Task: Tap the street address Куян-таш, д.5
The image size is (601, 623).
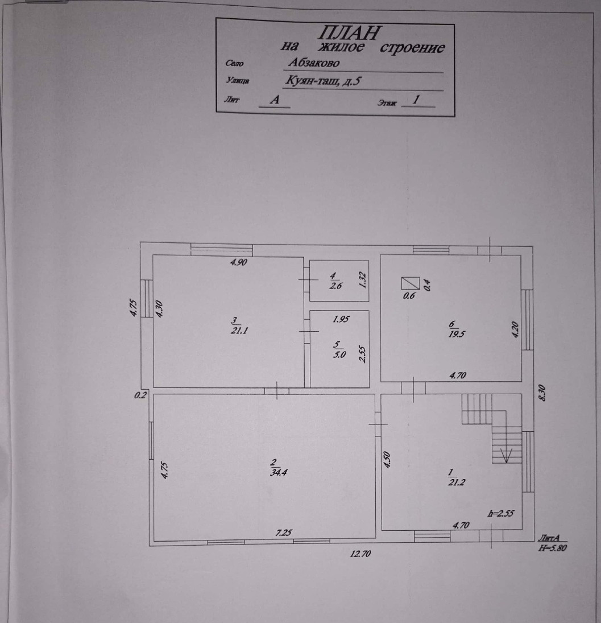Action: click(322, 82)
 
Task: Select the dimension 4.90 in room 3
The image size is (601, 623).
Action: click(239, 263)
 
